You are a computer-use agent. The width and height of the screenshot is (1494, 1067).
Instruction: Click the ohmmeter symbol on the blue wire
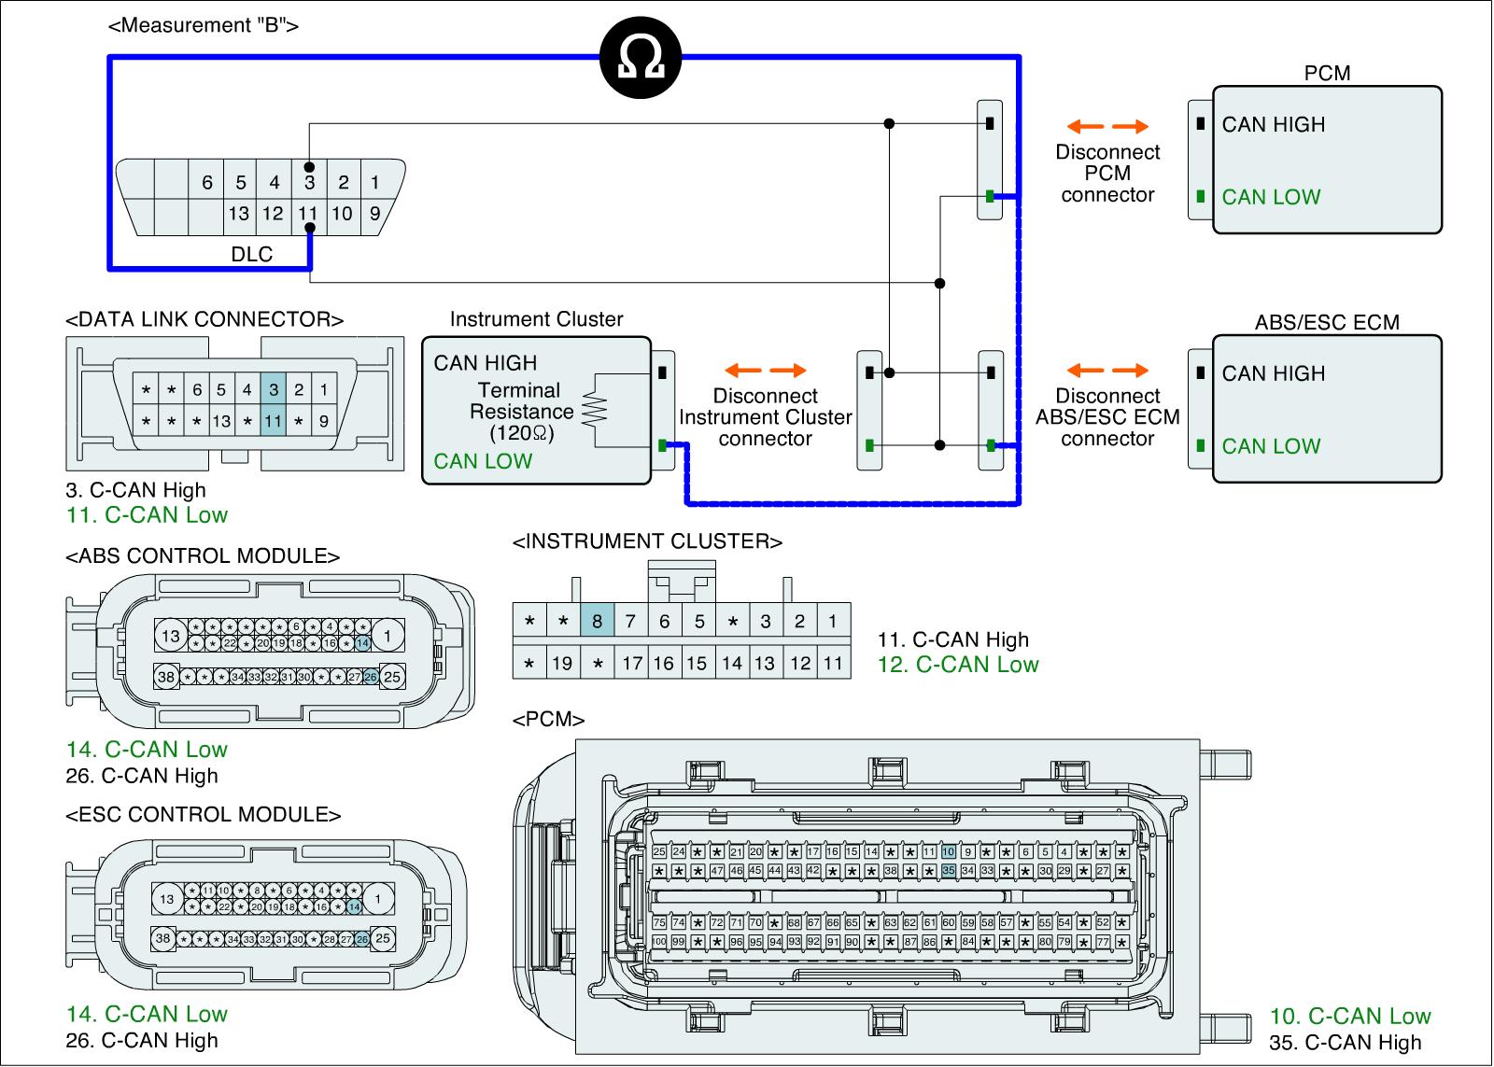tap(641, 59)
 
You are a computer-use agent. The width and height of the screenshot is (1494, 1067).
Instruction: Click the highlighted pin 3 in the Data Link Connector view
tap(273, 389)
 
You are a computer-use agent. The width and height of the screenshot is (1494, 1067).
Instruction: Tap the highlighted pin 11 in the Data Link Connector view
tap(273, 421)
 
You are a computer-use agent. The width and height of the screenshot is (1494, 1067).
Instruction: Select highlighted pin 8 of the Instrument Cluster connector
tap(597, 621)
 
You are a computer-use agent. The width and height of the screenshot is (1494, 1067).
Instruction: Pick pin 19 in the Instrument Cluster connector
tap(562, 663)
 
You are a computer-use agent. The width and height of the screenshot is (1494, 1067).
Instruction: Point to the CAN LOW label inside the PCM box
tap(1271, 197)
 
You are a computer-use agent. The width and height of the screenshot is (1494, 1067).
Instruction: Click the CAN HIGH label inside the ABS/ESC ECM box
tap(1273, 373)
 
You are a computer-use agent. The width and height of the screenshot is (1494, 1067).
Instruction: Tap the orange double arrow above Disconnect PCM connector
tap(1107, 127)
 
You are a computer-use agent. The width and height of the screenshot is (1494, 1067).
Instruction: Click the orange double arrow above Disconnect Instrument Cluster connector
tap(766, 370)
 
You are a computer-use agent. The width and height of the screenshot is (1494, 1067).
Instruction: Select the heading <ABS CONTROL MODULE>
tap(203, 556)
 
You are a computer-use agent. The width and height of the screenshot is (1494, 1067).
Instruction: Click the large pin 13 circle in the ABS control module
tap(170, 637)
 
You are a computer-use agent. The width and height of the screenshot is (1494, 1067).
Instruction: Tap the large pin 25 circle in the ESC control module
tap(383, 939)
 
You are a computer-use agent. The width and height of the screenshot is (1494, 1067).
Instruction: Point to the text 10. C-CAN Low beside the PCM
tap(1349, 1016)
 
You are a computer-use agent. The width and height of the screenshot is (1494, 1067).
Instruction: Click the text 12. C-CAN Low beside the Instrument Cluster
tap(958, 665)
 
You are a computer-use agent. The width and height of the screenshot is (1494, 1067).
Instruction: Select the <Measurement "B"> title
tap(204, 25)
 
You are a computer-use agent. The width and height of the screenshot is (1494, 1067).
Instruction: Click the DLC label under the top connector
tap(251, 254)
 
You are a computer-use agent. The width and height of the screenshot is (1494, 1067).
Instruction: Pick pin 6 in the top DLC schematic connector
tap(207, 183)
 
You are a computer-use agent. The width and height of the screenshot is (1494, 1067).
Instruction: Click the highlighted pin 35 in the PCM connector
tap(949, 870)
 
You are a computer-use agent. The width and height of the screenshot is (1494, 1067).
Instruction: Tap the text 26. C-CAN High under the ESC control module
tap(142, 1040)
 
